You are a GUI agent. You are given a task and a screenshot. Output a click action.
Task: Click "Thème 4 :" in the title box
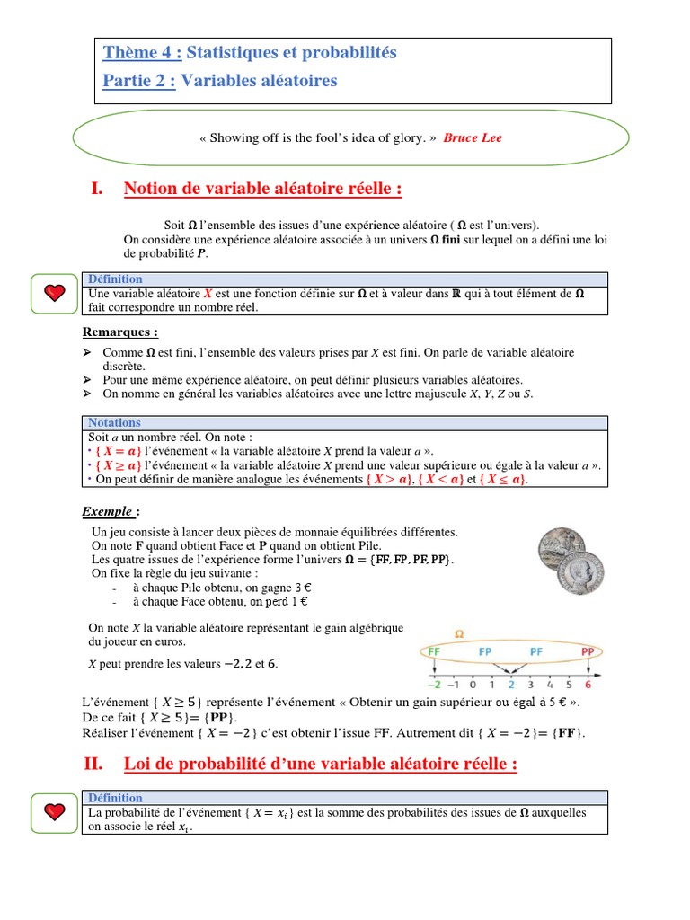143,53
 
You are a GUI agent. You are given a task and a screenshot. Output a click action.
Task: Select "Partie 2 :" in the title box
140,81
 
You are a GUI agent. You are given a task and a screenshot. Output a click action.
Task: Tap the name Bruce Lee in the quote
473,138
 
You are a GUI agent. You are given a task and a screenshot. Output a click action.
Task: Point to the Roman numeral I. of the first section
98,189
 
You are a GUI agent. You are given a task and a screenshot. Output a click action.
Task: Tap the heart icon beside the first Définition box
56,292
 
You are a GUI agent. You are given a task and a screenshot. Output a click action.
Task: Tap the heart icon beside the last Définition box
56,811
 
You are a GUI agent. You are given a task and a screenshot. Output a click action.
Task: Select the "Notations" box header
114,422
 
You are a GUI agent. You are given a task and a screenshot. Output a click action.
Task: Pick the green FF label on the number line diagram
434,651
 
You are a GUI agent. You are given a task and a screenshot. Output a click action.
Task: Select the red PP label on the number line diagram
588,651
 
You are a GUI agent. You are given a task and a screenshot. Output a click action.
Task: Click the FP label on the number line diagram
485,651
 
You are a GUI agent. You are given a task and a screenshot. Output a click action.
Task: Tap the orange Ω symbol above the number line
459,632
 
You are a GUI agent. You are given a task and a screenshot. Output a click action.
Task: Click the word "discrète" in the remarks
125,367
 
